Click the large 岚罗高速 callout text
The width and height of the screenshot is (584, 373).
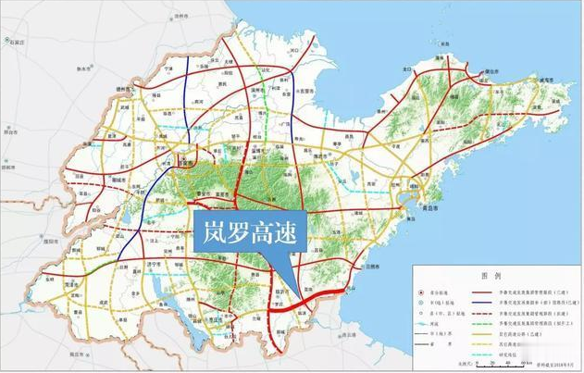tap(248, 234)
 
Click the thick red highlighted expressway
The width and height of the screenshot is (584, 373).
tap(315, 299)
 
